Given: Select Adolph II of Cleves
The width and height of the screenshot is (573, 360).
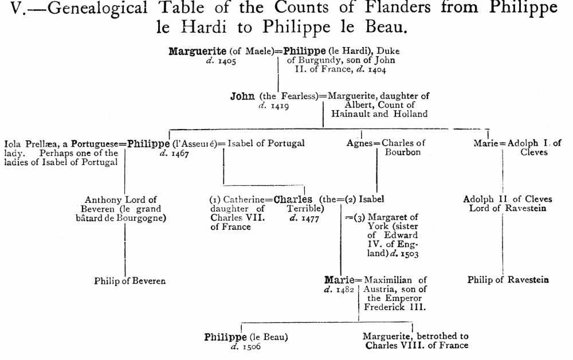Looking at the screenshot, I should [508, 199].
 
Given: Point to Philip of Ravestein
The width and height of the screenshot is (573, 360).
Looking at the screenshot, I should [508, 280].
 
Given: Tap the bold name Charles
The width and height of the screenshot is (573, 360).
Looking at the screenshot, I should [293, 199].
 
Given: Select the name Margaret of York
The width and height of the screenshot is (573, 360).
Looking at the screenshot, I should [393, 217].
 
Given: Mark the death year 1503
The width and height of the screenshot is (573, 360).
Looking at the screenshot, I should [409, 253].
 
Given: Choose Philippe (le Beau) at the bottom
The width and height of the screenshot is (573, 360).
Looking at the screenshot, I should [246, 337].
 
